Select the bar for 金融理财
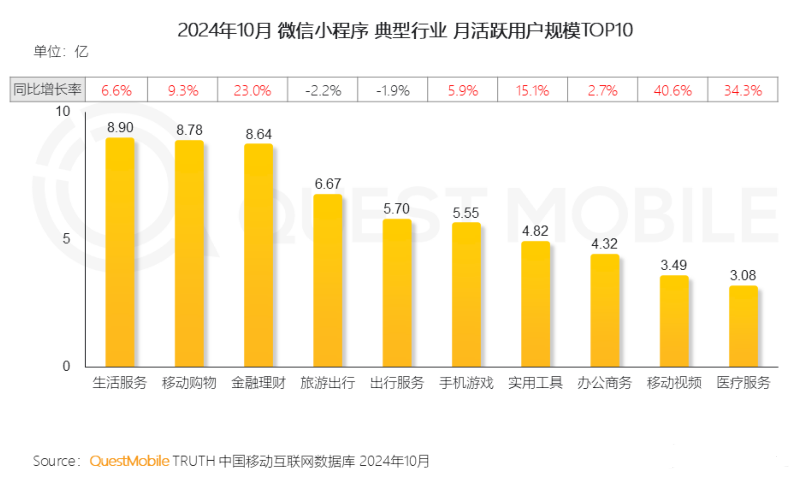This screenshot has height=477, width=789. pyautogui.click(x=258, y=255)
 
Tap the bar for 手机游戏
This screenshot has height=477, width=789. pyautogui.click(x=466, y=295)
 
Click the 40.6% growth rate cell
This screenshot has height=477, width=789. pyautogui.click(x=672, y=90)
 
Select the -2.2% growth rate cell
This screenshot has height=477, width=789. pyautogui.click(x=323, y=90)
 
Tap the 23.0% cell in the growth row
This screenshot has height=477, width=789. pyautogui.click(x=253, y=90)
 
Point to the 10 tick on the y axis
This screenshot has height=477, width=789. pyautogui.click(x=63, y=112)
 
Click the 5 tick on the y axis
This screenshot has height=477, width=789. pyautogui.click(x=66, y=238)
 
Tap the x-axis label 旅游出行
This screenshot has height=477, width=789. pyautogui.click(x=327, y=383)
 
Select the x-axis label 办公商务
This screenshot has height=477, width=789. pyautogui.click(x=605, y=383)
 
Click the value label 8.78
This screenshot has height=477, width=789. pyautogui.click(x=189, y=130)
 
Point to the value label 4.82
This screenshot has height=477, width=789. pyautogui.click(x=535, y=231)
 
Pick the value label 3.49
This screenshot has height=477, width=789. pyautogui.click(x=673, y=265)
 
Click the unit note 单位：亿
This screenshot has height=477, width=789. pyautogui.click(x=61, y=52)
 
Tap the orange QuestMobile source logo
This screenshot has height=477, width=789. pyautogui.click(x=129, y=461)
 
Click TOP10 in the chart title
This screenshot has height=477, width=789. pyautogui.click(x=607, y=30)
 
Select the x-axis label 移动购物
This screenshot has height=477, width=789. pyautogui.click(x=189, y=383)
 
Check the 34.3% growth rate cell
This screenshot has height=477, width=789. pyautogui.click(x=743, y=90)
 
